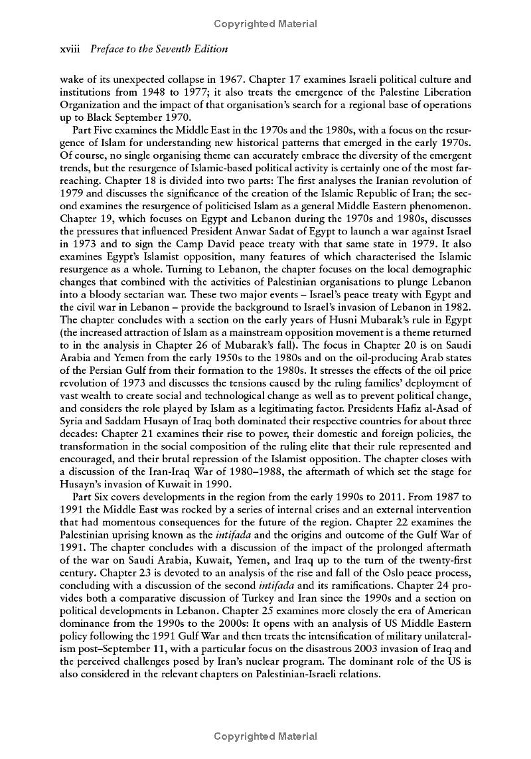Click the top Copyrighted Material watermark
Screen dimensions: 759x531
pos(265,24)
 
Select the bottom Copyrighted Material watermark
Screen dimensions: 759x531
pos(265,736)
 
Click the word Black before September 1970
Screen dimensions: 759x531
pos(89,117)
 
